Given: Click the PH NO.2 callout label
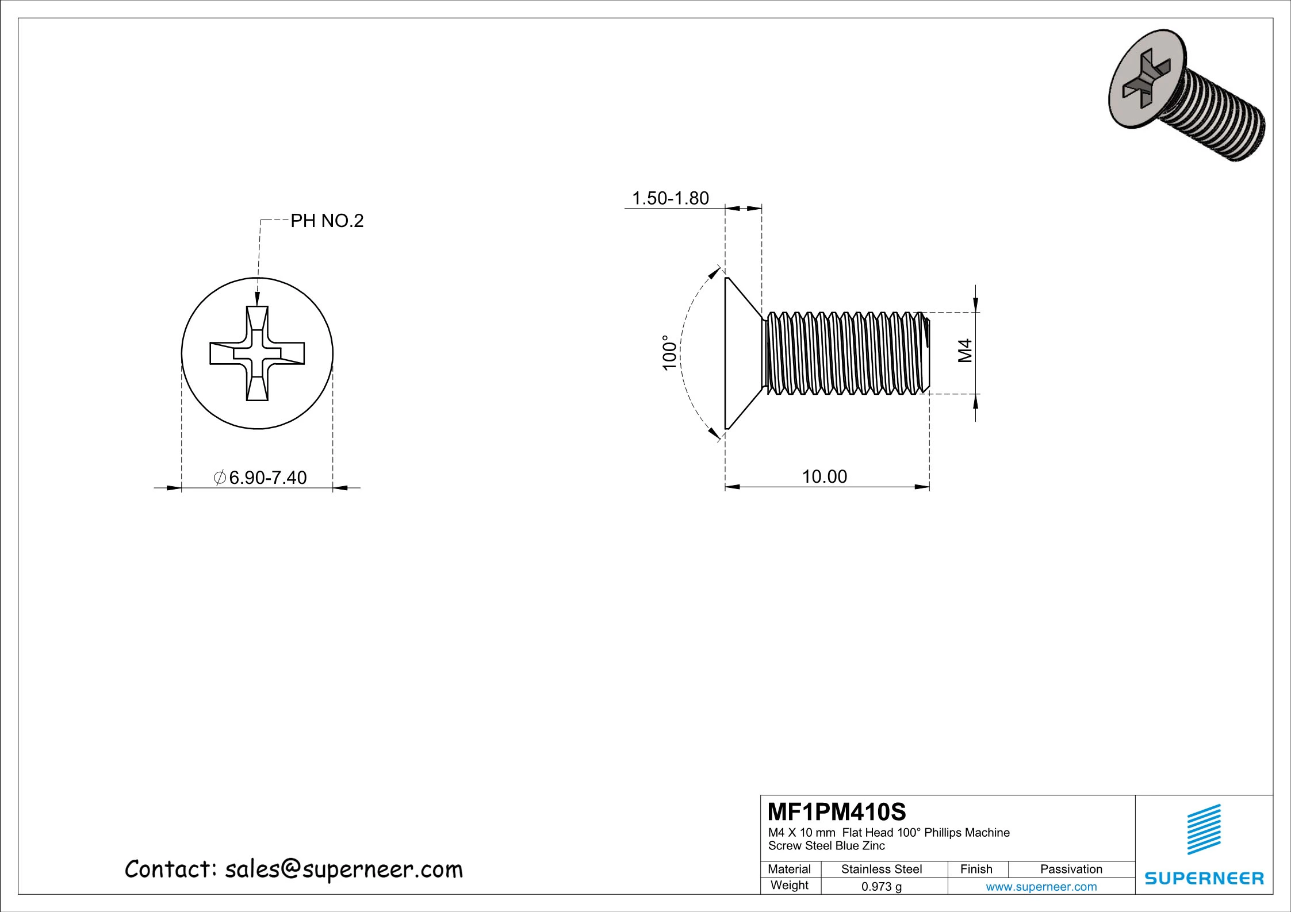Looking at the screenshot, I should [327, 221].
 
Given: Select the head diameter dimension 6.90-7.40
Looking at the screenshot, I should [267, 478].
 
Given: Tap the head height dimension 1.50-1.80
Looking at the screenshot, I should [670, 198].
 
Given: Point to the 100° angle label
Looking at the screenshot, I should [669, 353].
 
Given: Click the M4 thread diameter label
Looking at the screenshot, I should [964, 351].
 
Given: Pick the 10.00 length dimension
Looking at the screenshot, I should [824, 476].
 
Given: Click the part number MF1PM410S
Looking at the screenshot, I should [837, 811].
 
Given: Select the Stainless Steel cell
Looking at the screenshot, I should [881, 869].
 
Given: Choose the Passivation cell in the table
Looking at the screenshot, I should [1071, 869].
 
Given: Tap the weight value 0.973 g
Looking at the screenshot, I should [881, 886].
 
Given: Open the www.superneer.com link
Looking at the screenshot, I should [1041, 886].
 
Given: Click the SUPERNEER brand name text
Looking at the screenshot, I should [1204, 878].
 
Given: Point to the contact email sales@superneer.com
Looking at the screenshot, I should [343, 869].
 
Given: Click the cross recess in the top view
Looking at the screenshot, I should [257, 353].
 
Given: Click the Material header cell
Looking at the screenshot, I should [789, 869].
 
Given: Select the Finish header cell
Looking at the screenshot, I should [976, 869].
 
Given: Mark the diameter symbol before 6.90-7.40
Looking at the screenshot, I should [219, 478].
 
